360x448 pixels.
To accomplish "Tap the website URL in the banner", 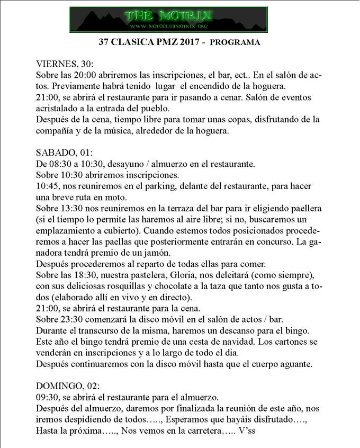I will [169, 26].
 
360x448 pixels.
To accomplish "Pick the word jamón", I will [154, 253].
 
